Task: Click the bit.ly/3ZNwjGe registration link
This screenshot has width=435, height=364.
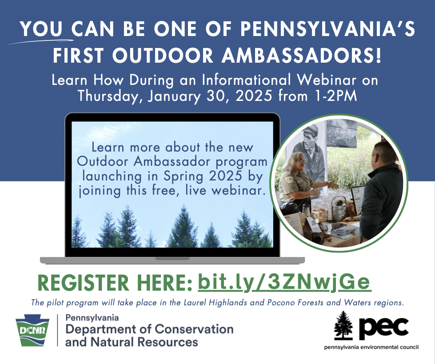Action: point(285,283)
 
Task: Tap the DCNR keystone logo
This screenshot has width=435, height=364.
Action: point(32,330)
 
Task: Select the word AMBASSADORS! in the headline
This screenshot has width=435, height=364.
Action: point(302,56)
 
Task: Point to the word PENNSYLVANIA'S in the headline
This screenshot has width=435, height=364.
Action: point(327,28)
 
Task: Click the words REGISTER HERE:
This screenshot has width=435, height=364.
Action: point(115,283)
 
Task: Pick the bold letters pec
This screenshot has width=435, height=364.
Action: point(384,328)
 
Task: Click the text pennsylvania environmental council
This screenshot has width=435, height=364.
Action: point(371,347)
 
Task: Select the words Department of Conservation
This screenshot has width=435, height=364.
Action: point(149,329)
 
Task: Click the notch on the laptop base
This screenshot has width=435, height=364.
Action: point(172,259)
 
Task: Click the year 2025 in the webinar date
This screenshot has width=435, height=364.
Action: point(254,96)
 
